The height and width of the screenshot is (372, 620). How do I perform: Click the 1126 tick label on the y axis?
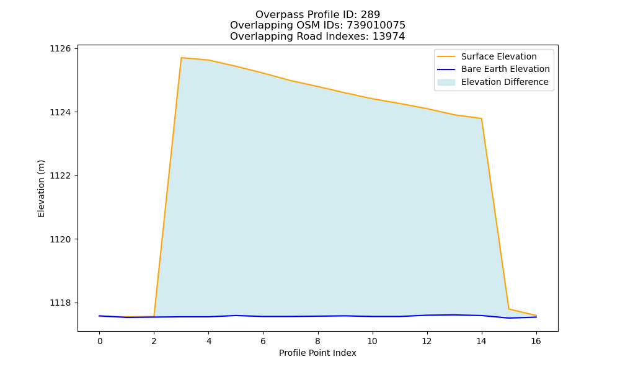pos(60,48)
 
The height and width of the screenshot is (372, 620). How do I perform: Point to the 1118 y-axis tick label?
pos(60,303)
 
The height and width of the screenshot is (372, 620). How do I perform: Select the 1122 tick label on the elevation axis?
pos(60,175)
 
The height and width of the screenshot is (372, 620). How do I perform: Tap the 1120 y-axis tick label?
pos(60,239)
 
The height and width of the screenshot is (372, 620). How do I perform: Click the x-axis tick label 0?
pos(100,341)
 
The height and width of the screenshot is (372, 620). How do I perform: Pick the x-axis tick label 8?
pos(318,341)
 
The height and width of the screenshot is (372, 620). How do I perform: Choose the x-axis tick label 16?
pos(536,341)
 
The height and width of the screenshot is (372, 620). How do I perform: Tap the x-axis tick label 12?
pos(427,341)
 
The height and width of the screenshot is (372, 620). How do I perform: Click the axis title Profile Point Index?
pos(317,353)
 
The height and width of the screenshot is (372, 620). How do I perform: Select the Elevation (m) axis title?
pos(41,188)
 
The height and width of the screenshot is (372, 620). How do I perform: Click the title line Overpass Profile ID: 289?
pos(318,15)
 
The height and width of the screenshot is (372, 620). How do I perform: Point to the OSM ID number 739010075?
pos(376,25)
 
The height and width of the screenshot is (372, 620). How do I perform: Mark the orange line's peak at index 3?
pos(181,58)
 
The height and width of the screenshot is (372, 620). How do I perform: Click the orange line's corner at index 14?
pos(481,118)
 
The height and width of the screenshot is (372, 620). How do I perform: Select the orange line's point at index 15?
pos(508,309)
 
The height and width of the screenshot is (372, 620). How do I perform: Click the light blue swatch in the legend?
pos(446,82)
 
